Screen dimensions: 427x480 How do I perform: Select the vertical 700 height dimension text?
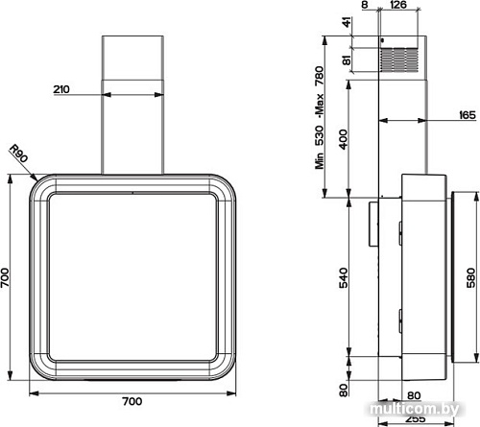click(8, 278)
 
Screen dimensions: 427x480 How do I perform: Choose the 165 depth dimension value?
click(467, 115)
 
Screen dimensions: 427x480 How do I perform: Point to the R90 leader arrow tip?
click(36, 180)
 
